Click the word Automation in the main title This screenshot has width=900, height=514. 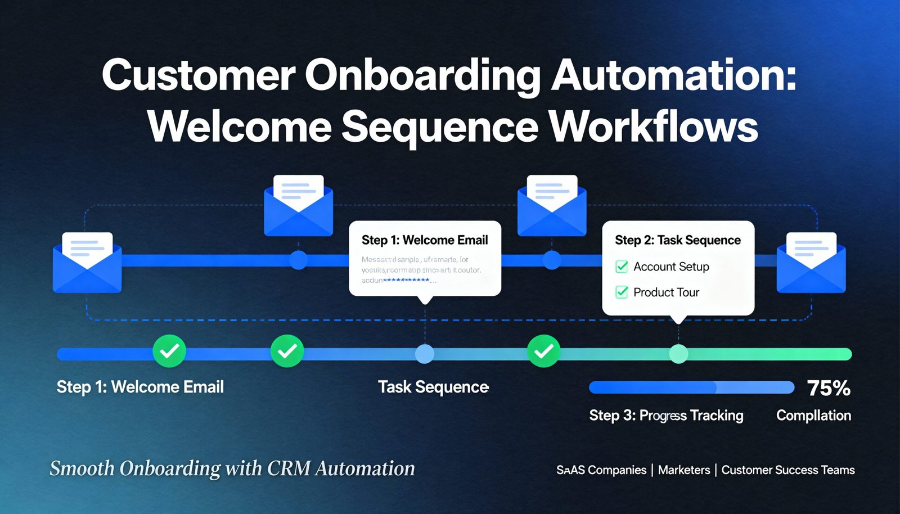point(673,75)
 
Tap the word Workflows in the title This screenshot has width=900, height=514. point(653,127)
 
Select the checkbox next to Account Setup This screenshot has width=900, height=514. point(622,267)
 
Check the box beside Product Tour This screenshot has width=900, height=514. point(622,292)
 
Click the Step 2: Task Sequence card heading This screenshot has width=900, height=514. point(677,240)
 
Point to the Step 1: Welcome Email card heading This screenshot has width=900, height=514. point(425,240)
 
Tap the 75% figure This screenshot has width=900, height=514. point(829,388)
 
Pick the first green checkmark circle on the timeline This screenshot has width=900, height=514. point(169,351)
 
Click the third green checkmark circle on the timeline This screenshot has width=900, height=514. point(543,351)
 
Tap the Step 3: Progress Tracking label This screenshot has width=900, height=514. point(666,416)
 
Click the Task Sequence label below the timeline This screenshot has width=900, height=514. point(433,387)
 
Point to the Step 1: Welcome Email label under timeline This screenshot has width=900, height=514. point(140,387)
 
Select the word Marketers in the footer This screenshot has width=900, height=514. point(684,470)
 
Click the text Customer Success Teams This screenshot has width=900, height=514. point(788,470)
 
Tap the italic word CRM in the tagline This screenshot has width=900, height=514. point(289,468)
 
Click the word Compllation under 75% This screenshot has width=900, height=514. point(813,416)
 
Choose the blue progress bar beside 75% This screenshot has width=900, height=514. point(691,387)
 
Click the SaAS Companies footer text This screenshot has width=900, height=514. point(601,470)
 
